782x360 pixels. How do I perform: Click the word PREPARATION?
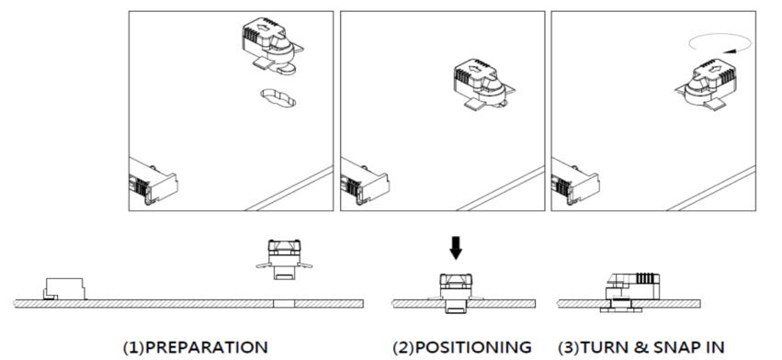point(206,347)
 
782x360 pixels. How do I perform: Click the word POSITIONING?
point(473,347)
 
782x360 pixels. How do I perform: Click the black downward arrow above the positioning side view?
point(456,248)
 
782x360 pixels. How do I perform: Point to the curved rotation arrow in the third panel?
point(720,43)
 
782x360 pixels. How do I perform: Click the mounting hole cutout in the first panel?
point(278,97)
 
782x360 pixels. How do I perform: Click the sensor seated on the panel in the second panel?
point(483,84)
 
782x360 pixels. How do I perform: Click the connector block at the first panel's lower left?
point(153,182)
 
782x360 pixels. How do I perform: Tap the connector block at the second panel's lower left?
point(365,182)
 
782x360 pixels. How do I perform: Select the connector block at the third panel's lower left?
point(575,182)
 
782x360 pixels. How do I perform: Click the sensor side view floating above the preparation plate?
point(284,259)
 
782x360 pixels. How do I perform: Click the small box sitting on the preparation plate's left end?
point(64,289)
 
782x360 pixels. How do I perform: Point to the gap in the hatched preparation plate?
point(284,304)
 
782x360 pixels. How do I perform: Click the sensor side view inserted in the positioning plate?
point(456,293)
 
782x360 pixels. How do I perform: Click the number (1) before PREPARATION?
point(133,347)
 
